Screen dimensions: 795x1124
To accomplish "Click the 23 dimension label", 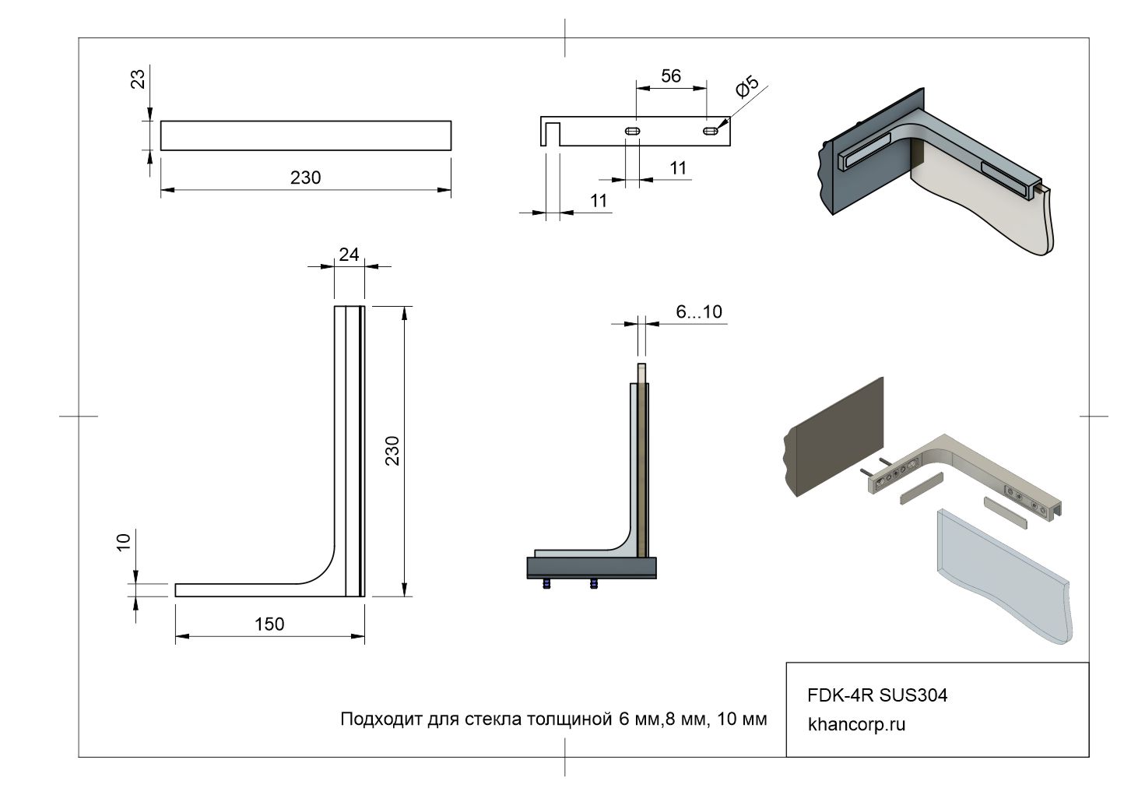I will click(x=138, y=79).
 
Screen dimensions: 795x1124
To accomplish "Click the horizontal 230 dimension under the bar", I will click(x=305, y=178).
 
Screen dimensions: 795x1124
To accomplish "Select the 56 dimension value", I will click(x=671, y=76).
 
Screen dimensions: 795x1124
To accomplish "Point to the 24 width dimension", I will click(x=349, y=254).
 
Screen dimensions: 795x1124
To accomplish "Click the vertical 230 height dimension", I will click(x=392, y=451).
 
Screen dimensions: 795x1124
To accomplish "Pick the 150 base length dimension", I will click(x=269, y=624).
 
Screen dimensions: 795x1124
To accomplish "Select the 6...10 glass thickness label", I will click(x=699, y=312).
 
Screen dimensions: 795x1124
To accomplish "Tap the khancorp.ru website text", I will click(x=857, y=724).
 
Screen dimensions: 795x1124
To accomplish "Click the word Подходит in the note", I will click(x=381, y=719).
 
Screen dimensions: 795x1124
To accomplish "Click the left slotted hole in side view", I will click(x=632, y=132).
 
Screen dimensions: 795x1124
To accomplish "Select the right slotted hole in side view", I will click(x=711, y=132).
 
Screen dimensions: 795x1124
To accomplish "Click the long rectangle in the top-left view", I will click(x=306, y=135).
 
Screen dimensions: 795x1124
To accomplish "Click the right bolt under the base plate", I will click(x=595, y=583).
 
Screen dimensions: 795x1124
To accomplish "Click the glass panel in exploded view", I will click(x=1004, y=576).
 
